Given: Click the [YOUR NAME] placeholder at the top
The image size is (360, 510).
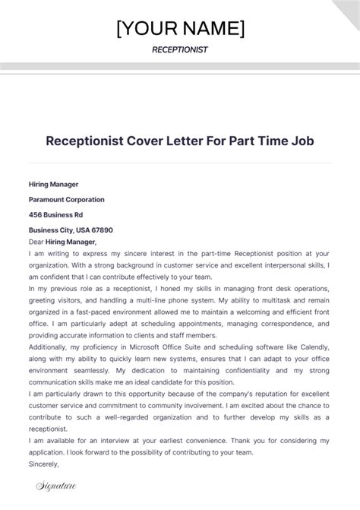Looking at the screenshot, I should [180, 28].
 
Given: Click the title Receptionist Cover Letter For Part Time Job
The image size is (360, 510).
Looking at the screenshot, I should [180, 141].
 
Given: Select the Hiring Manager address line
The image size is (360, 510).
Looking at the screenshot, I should [54, 184].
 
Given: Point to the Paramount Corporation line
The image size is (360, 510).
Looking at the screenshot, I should [67, 199].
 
